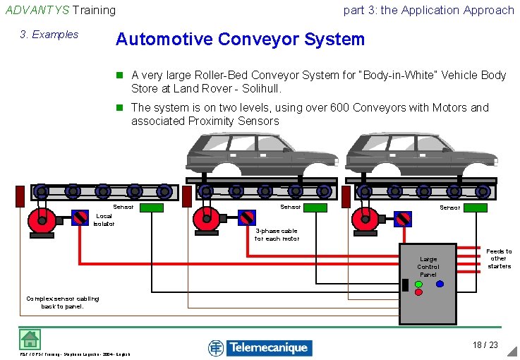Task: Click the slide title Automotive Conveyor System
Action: pyautogui.click(x=240, y=39)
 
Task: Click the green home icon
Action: pyautogui.click(x=29, y=340)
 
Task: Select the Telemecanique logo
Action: pyautogui.click(x=260, y=347)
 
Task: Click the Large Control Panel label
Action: pyautogui.click(x=428, y=267)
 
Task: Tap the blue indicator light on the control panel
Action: pyautogui.click(x=439, y=284)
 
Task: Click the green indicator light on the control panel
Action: pyautogui.click(x=418, y=284)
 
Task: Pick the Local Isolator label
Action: pyautogui.click(x=103, y=220)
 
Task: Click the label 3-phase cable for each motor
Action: pyautogui.click(x=277, y=234)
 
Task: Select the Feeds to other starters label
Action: pyautogui.click(x=499, y=258)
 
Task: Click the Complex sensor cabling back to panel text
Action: pyautogui.click(x=62, y=302)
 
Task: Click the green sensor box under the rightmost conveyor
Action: pyautogui.click(x=474, y=208)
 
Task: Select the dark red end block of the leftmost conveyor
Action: pyautogui.click(x=20, y=196)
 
